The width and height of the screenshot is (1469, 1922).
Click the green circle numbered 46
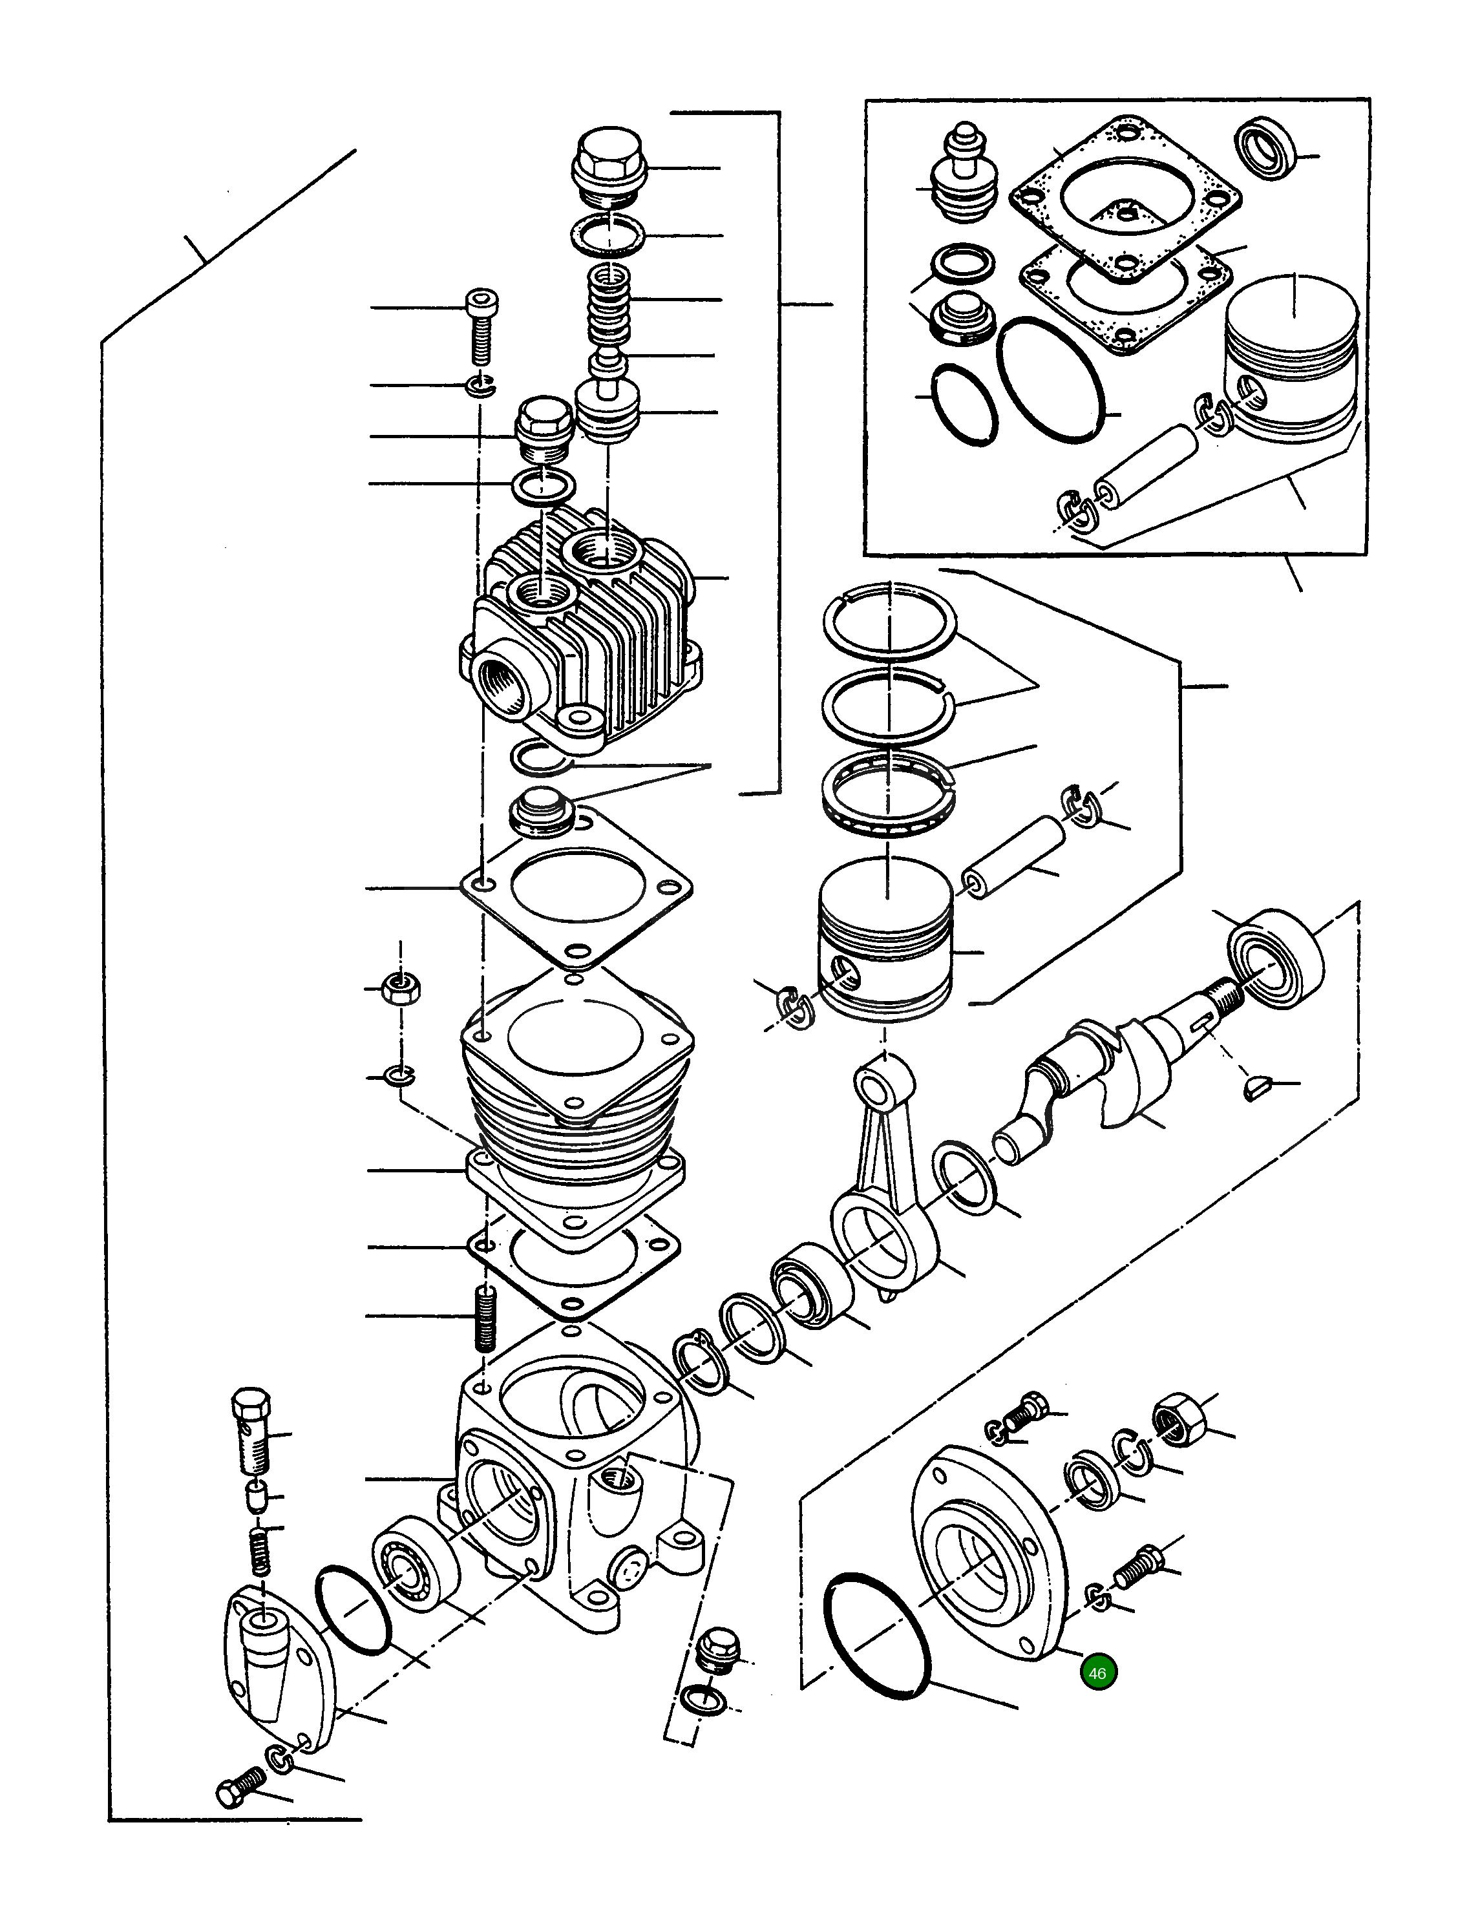coord(1098,1673)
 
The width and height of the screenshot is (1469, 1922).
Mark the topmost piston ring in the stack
coord(890,620)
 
